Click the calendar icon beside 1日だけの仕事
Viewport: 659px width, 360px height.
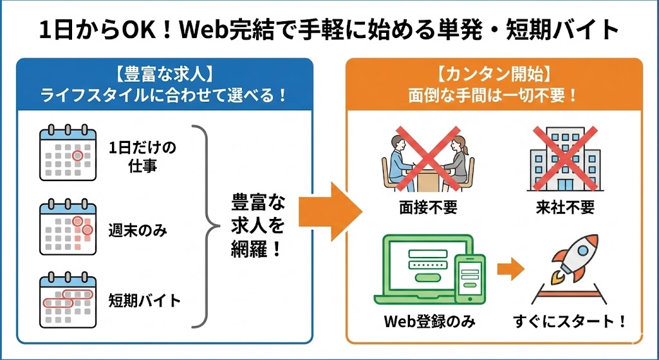68,153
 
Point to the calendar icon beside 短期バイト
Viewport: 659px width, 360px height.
68,298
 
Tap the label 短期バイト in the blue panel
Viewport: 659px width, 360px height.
144,299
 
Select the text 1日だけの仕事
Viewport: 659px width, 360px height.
142,157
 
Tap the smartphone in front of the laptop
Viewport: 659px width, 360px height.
470,278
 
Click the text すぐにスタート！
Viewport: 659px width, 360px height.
570,321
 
